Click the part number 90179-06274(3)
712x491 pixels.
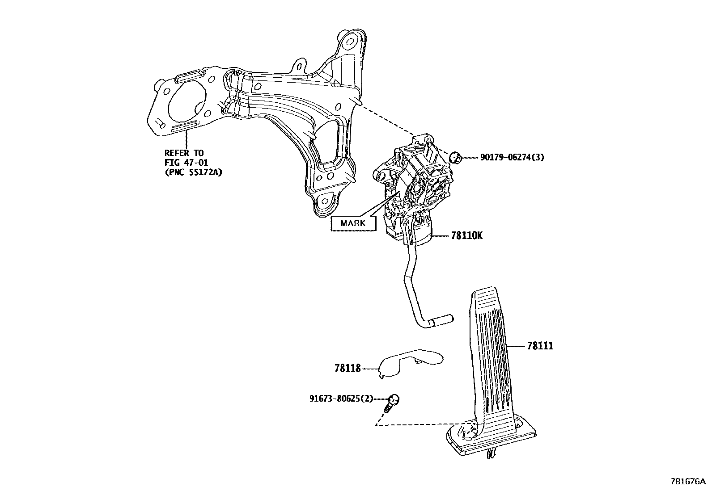point(512,157)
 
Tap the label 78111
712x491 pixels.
point(540,346)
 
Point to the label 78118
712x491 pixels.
point(347,369)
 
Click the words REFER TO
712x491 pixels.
point(183,153)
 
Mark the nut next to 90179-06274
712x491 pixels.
point(454,157)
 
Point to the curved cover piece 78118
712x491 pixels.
point(409,360)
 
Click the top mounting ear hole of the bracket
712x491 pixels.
point(349,43)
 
